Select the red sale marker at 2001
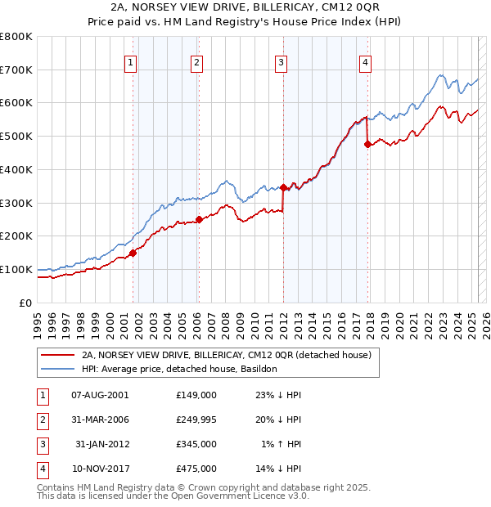click(133, 253)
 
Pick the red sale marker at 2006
click(199, 219)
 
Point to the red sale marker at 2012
click(283, 187)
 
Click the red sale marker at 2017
click(367, 144)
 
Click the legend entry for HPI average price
click(180, 369)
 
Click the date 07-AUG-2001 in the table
click(100, 394)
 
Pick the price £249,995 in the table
click(196, 420)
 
